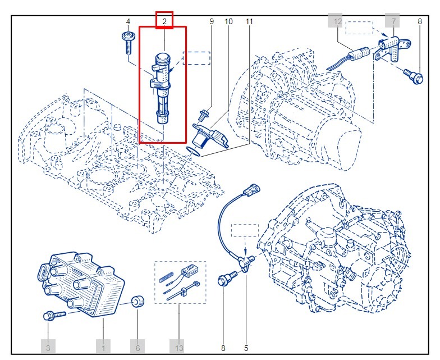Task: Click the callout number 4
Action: click(128, 22)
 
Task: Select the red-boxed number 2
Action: click(164, 21)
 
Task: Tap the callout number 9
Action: click(212, 22)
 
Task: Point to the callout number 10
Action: click(228, 22)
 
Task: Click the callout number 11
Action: click(249, 22)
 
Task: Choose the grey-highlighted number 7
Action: click(393, 21)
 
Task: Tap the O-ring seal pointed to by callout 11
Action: click(194, 149)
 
